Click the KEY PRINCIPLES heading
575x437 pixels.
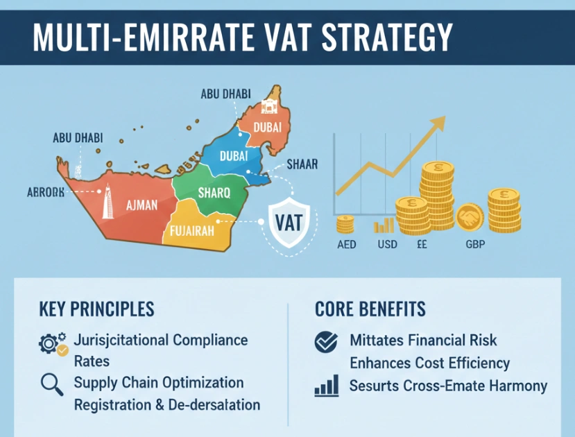point(97,309)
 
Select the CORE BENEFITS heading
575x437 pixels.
point(370,309)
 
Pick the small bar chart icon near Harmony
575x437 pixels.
point(326,386)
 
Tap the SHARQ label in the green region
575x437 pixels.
point(213,192)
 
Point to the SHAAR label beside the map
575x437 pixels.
point(302,164)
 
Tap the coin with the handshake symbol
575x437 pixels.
point(470,218)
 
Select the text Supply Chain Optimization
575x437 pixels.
point(158,383)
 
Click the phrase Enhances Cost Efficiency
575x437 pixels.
point(429,363)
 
